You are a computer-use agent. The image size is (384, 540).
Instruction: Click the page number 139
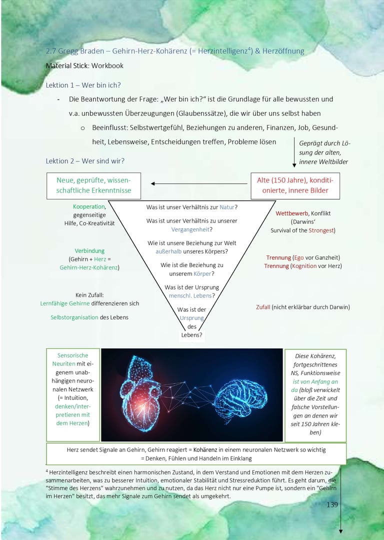[332, 504]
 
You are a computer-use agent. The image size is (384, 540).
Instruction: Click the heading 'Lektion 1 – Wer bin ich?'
[83, 85]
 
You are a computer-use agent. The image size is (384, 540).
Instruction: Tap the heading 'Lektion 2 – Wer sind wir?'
[85, 160]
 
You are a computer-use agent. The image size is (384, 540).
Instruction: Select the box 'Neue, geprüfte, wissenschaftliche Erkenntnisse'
[93, 185]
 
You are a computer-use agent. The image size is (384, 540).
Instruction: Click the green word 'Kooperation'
[88, 206]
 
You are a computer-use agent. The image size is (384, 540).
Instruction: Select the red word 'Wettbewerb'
[291, 213]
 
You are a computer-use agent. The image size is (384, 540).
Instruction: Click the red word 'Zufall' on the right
[263, 307]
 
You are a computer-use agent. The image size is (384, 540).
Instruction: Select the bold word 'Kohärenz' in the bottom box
[207, 449]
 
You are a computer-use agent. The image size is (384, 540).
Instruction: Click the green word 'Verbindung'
[89, 250]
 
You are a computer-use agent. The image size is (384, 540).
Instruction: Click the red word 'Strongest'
[321, 230]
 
